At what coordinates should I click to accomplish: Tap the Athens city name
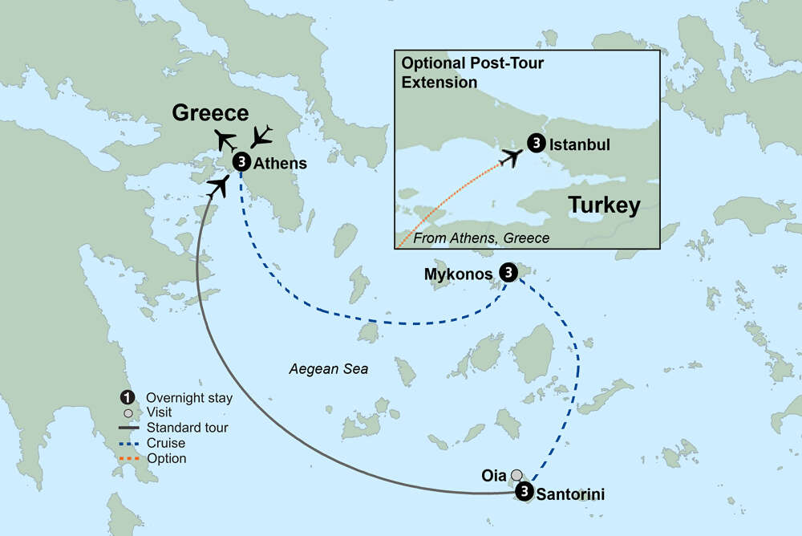[x=280, y=163]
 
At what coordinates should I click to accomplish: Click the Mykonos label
[x=458, y=274]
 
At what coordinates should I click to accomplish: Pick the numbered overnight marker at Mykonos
[x=508, y=273]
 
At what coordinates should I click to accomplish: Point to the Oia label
[x=494, y=474]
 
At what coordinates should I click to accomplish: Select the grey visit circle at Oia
[x=517, y=474]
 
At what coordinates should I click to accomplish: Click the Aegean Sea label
[x=329, y=369]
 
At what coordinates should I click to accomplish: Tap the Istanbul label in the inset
[x=580, y=145]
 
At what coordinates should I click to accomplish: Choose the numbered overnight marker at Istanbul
[x=536, y=144]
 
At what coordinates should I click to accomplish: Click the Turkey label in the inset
[x=604, y=205]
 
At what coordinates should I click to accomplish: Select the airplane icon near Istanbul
[x=510, y=157]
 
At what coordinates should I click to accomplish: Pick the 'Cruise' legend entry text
[x=165, y=443]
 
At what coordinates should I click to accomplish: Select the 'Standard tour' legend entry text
[x=186, y=428]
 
